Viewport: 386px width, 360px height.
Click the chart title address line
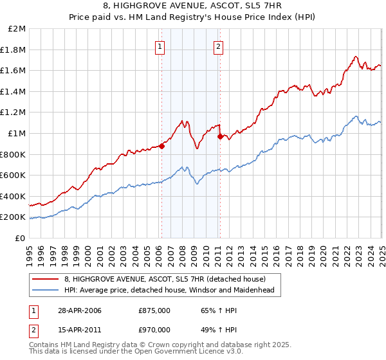[192, 6]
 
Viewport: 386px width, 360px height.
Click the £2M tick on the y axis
[17, 30]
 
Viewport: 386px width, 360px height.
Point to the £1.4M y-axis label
[14, 92]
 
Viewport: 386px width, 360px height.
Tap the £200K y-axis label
[14, 217]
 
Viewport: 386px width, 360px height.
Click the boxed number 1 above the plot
[159, 46]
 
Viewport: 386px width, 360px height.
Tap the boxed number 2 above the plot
[218, 46]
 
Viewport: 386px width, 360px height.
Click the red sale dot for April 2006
[162, 146]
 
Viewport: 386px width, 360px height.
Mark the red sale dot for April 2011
[220, 136]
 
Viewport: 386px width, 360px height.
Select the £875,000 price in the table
[154, 310]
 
